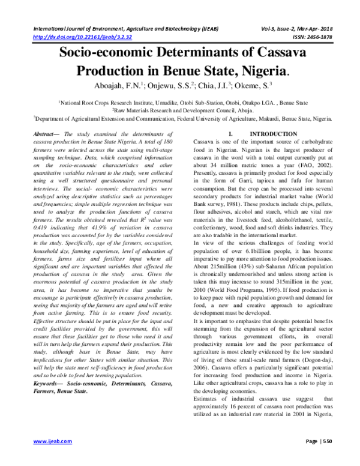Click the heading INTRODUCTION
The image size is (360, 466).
[x=265, y=133]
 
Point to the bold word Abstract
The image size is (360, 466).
[x=44, y=133]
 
